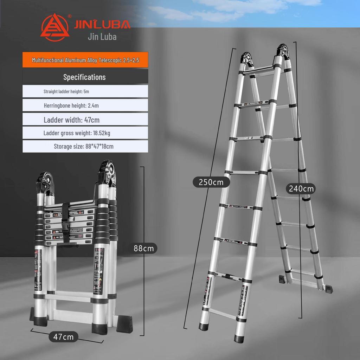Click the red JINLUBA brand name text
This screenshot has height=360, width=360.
click(x=102, y=24)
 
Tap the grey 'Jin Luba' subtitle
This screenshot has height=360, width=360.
click(x=102, y=37)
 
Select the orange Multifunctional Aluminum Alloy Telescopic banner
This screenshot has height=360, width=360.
click(x=85, y=60)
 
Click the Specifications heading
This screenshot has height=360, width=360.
click(x=84, y=77)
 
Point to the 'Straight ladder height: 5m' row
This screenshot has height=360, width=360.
click(x=85, y=91)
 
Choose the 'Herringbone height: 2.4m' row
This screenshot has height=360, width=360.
click(x=85, y=105)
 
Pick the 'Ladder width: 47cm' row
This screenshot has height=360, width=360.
click(x=85, y=120)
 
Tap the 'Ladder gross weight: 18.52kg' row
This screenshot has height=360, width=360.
click(x=85, y=133)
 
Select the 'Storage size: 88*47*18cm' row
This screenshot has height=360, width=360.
click(x=85, y=146)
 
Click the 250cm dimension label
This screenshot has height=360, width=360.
click(x=211, y=182)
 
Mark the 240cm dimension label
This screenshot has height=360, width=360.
click(x=301, y=188)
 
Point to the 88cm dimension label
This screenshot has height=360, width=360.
click(x=143, y=248)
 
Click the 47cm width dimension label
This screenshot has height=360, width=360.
click(x=63, y=337)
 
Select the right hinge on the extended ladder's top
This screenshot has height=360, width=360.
click(x=283, y=53)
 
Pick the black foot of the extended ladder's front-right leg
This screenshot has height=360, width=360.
click(x=239, y=339)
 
